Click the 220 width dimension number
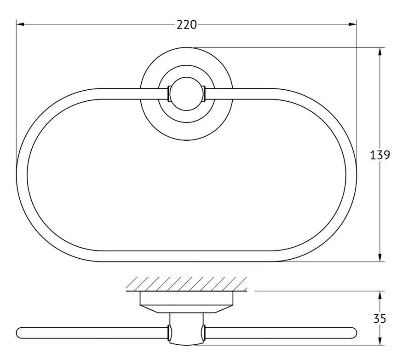tap(187, 25)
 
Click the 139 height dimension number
tap(380, 155)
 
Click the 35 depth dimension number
tap(380, 319)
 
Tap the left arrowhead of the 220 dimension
tap(20, 24)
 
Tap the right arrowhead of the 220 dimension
tap(352, 24)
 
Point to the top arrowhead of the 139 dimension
tap(380, 52)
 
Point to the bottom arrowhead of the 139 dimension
tap(380, 257)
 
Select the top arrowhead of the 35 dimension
tap(380, 295)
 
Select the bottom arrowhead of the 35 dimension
tap(380, 341)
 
